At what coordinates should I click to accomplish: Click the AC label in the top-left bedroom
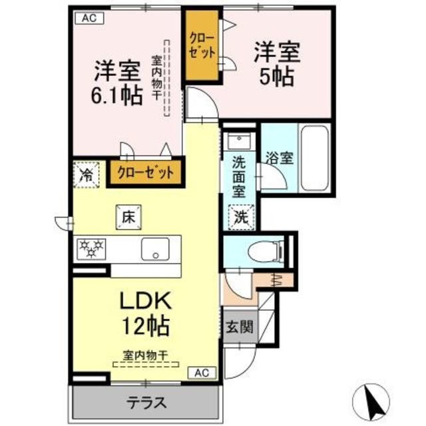click(x=89, y=19)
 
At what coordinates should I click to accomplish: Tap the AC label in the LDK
click(x=202, y=373)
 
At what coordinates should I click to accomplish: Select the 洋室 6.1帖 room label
click(x=117, y=83)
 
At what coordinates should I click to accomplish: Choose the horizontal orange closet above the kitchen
click(x=145, y=172)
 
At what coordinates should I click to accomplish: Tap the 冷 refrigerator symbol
click(x=86, y=176)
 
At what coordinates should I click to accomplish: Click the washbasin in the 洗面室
click(x=238, y=140)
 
